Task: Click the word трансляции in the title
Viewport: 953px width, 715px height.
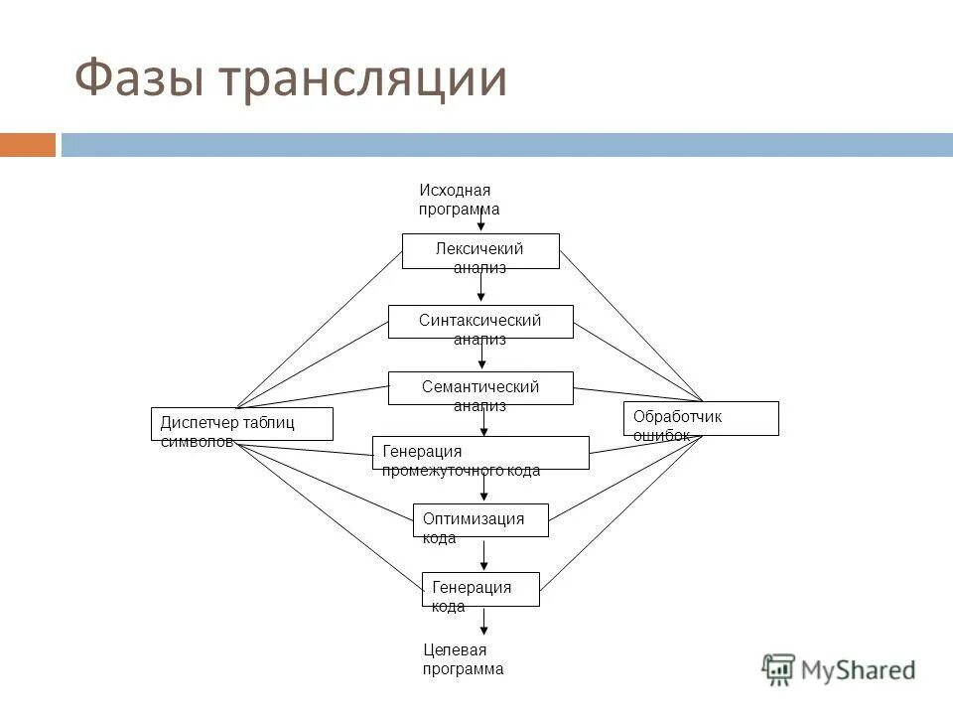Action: click(364, 79)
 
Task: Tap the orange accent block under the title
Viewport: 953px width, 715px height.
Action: click(28, 145)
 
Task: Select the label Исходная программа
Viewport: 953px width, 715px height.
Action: click(459, 200)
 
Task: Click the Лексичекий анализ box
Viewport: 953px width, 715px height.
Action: click(480, 251)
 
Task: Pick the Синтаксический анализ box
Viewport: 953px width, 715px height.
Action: click(480, 322)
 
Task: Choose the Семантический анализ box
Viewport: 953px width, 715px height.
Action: click(480, 388)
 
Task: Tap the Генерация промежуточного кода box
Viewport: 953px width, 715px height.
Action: click(480, 453)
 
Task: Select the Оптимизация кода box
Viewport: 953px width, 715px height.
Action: click(480, 520)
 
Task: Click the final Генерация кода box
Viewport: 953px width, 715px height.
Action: click(480, 589)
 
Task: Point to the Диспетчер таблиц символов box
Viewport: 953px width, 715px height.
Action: click(241, 424)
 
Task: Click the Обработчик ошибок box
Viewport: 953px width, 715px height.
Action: click(701, 418)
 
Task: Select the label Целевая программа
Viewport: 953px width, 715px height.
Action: click(463, 659)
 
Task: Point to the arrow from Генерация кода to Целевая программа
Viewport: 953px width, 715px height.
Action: click(484, 621)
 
